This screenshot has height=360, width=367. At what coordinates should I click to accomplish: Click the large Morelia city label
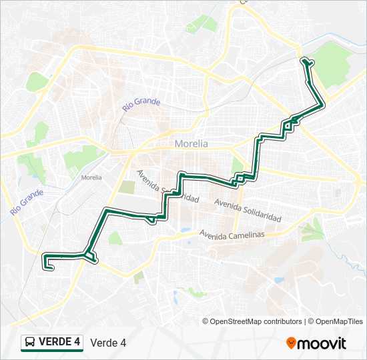point(191,143)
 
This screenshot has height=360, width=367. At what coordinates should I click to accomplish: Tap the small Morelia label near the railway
point(91,177)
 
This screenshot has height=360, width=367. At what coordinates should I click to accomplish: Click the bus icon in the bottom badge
point(31,342)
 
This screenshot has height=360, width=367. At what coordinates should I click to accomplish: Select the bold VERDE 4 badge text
point(59,341)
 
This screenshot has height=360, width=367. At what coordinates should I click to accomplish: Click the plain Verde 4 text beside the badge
point(108,343)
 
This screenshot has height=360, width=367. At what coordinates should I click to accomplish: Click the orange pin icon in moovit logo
point(292,343)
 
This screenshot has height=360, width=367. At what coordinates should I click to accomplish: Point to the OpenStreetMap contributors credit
point(252,321)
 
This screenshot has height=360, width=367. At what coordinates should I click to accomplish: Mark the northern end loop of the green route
point(307,62)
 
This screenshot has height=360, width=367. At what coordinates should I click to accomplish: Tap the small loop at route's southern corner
point(91,257)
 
